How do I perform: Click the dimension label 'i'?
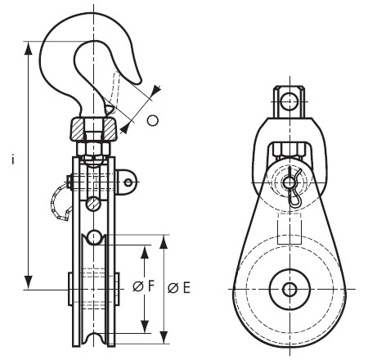point(12,159)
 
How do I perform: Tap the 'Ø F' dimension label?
point(144,286)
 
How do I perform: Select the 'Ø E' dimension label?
point(179,288)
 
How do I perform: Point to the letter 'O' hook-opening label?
point(153,120)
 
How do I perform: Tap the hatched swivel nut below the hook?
point(94,128)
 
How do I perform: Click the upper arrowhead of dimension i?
point(28,48)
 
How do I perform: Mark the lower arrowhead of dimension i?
point(28,282)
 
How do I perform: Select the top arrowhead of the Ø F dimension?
point(145,251)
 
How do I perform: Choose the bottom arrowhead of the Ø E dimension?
point(164,337)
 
